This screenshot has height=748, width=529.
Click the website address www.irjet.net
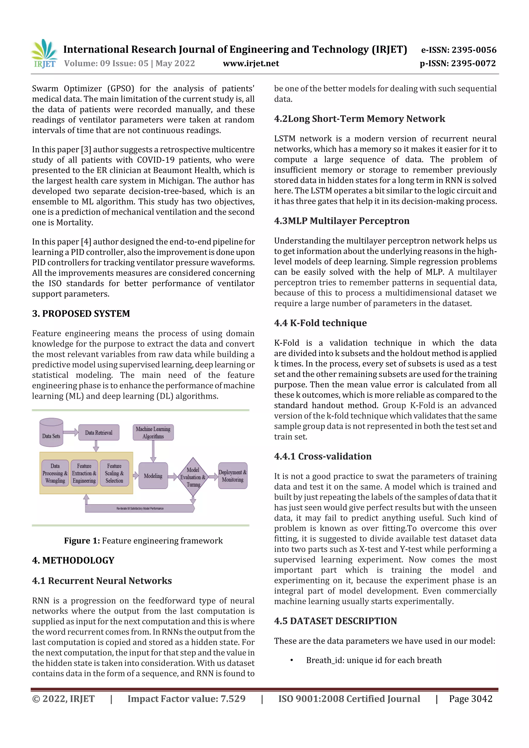pos(251,63)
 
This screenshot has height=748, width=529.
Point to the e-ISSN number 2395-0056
pos(473,50)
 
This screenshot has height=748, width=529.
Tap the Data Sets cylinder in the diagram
pos(51,432)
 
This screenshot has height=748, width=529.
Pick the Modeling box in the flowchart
pos(153,476)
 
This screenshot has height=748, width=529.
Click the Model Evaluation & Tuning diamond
pos(193,477)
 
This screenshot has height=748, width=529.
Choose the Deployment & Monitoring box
pos(232,476)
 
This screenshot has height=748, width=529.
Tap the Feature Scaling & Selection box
pos(114,473)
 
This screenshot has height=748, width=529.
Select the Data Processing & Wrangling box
pos(55,473)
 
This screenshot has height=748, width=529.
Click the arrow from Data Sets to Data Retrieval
pos(71,432)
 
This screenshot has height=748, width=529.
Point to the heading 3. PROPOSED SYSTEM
pos(81,313)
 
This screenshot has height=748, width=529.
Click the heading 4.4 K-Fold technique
pos(320,323)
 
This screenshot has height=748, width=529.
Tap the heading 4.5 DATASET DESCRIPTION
pos(335,621)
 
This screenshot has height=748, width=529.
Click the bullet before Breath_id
pos(292,660)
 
